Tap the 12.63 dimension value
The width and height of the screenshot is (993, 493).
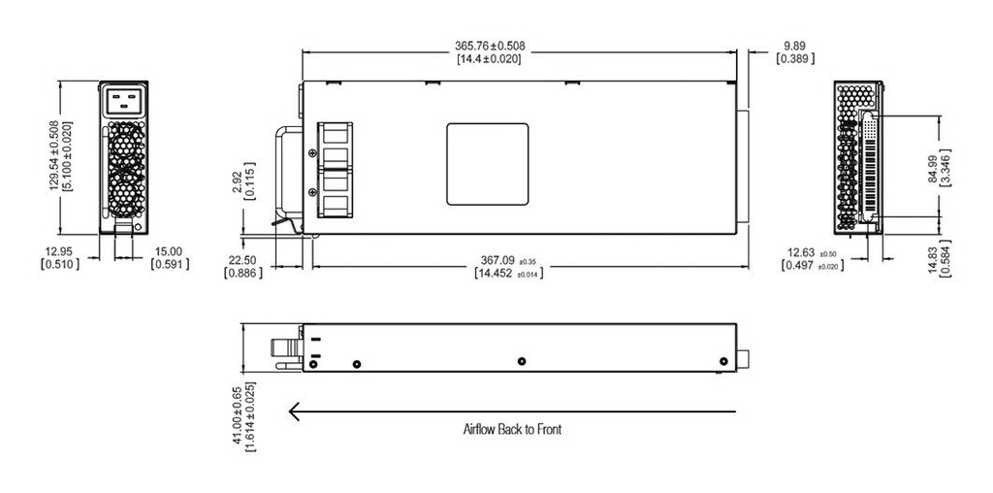[x=804, y=253]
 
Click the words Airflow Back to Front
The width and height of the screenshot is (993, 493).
[x=511, y=428]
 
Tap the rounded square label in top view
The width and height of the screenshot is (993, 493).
[x=487, y=164]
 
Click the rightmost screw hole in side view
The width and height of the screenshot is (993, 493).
[x=722, y=361]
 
